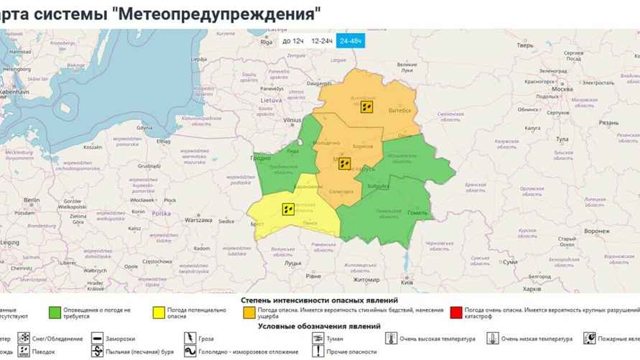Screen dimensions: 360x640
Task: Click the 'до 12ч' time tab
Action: tap(292, 41)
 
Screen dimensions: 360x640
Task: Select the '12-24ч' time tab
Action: tap(321, 41)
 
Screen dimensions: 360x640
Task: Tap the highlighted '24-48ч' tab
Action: tap(351, 41)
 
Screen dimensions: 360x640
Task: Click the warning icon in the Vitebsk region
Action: tap(366, 107)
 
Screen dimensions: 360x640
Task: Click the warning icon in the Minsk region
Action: tap(344, 163)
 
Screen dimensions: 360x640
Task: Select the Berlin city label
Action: tap(31, 200)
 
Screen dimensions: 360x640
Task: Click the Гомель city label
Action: tap(417, 213)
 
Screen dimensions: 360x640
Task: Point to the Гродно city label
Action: tap(261, 158)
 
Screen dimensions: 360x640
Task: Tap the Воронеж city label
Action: tap(597, 231)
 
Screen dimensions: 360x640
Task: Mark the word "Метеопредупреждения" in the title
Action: tap(215, 13)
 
